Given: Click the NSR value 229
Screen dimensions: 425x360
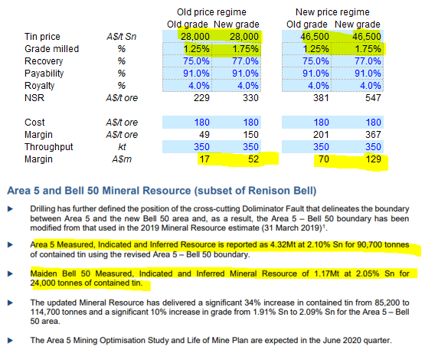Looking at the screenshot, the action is tap(201, 98).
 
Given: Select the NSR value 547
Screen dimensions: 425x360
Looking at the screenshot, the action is tap(373, 98).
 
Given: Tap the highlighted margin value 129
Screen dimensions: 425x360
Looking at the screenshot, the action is tap(373, 159).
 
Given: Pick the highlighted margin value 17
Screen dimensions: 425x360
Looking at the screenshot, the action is tap(204, 159).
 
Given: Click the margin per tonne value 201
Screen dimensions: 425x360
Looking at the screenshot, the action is tap(321, 135).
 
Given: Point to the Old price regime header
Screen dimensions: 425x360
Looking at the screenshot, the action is tap(211, 12).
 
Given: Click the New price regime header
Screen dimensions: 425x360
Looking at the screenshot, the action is tap(332, 12).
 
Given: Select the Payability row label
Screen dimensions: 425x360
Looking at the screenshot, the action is tap(44, 74).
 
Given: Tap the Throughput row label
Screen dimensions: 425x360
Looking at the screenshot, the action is tap(49, 147).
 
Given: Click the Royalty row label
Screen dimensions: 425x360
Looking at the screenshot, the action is tap(40, 86).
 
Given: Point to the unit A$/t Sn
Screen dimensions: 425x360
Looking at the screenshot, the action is tap(122, 37).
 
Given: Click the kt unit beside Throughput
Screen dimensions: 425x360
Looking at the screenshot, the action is tap(122, 147).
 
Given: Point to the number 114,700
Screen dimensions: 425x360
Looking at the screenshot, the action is tap(45, 312).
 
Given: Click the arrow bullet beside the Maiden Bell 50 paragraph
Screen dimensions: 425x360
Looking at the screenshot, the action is tap(10, 273).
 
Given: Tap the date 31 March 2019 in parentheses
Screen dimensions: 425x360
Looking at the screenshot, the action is tap(293, 227).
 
